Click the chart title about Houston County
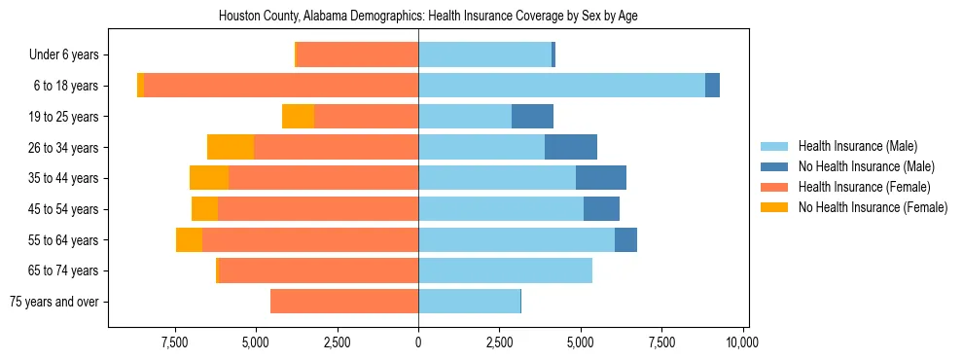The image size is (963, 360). point(428,17)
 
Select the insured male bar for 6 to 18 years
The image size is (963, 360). point(561,86)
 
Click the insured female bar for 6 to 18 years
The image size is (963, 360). point(281,86)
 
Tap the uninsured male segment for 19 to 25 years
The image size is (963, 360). point(532,117)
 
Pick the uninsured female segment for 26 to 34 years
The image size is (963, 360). point(231,147)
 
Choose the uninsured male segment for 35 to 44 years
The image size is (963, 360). point(600,178)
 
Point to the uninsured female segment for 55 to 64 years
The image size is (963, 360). point(189,239)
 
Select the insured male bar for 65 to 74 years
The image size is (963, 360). point(505,270)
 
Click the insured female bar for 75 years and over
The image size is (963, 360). point(344,302)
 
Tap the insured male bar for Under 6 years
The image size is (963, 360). point(484,54)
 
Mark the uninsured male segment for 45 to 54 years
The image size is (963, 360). point(601,209)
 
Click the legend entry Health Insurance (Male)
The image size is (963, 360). point(857,147)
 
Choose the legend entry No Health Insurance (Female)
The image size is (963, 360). point(872,207)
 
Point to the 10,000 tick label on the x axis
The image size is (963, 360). point(742,342)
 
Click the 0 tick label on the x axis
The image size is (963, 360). point(418,342)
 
